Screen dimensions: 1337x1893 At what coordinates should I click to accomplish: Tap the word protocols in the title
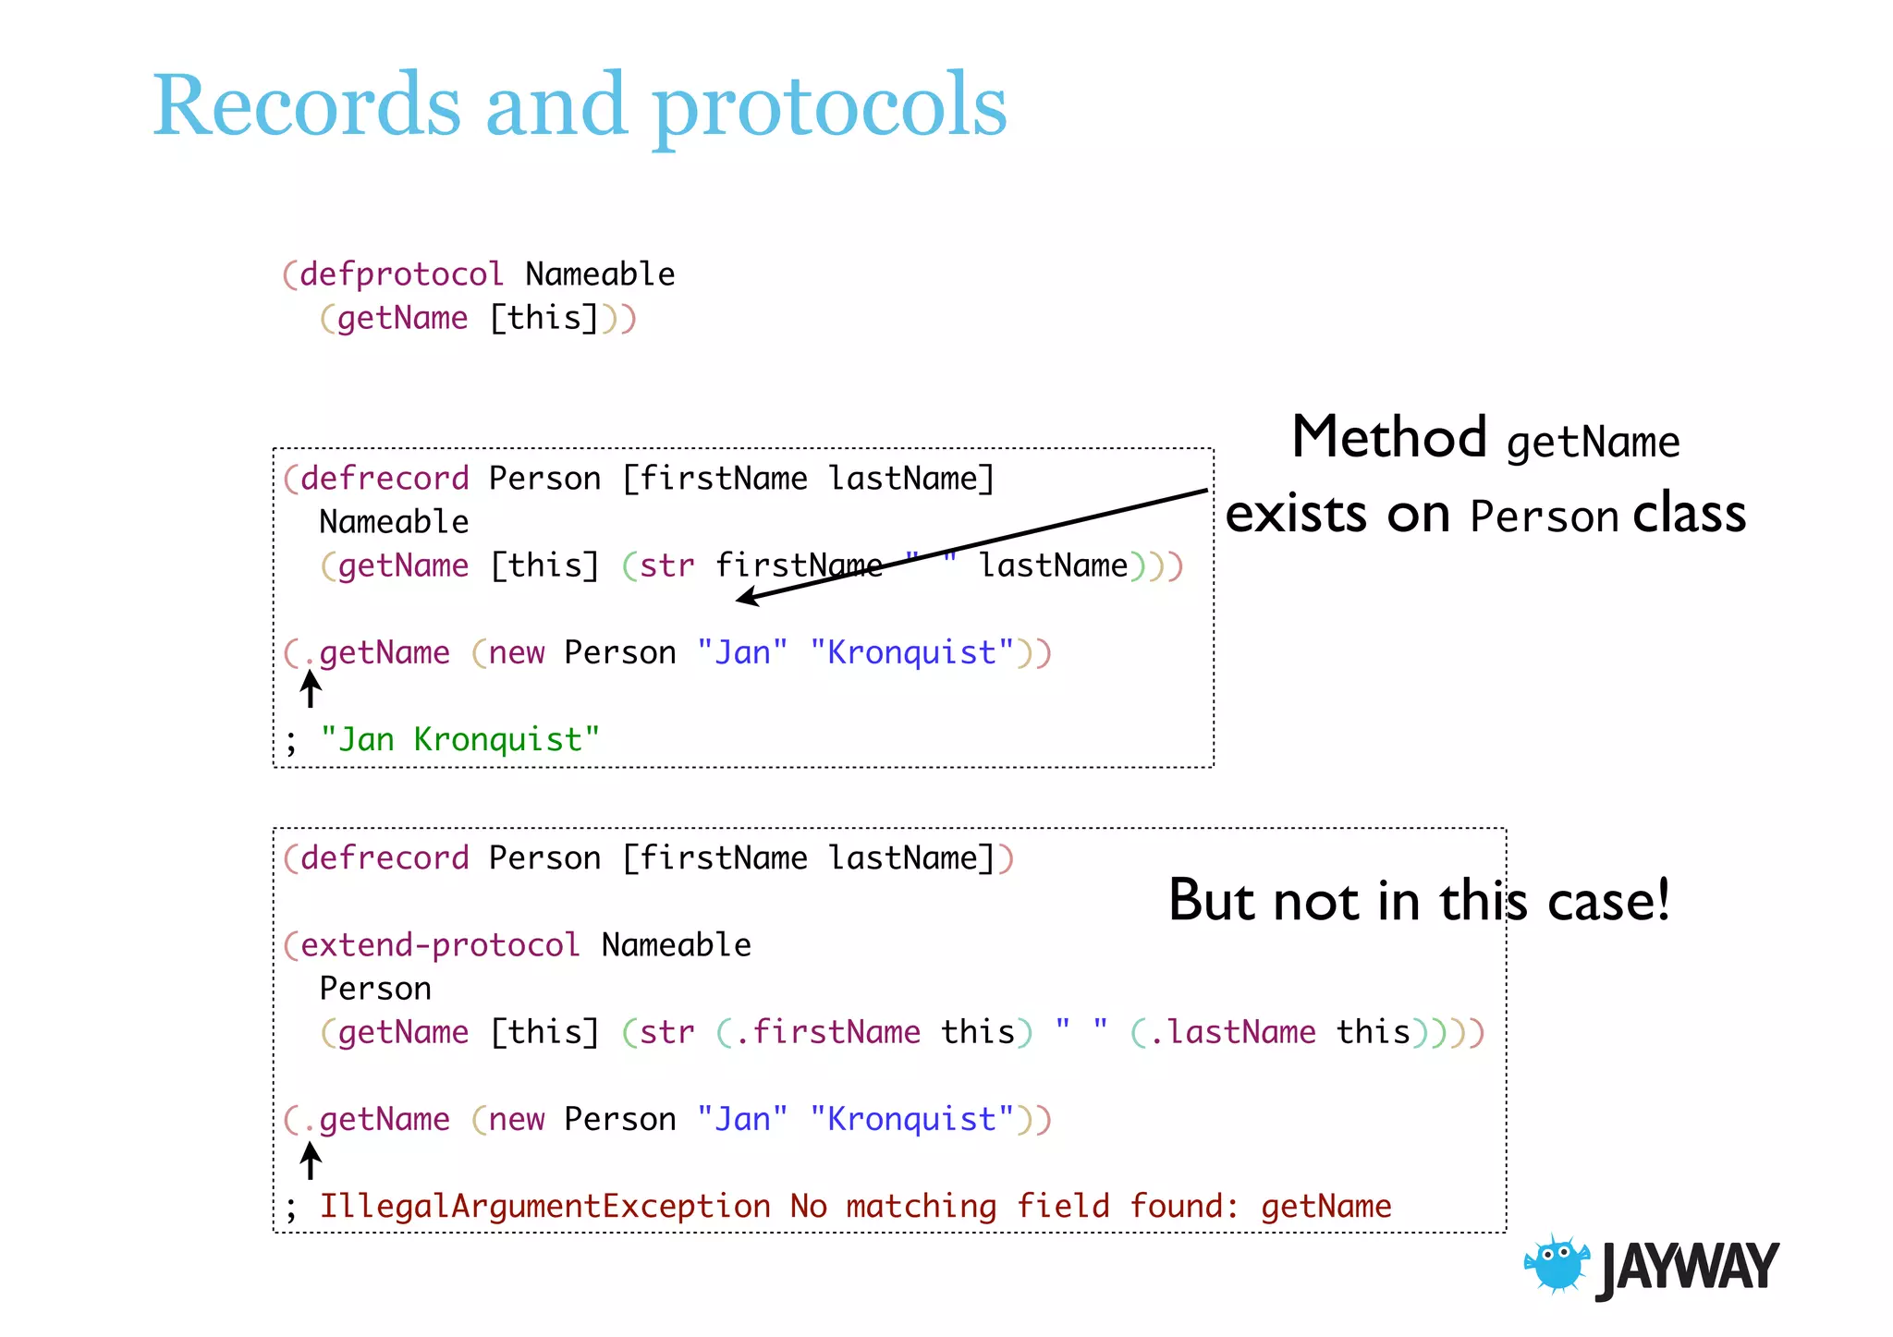click(x=829, y=108)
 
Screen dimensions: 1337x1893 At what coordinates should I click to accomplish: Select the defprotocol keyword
click(x=401, y=274)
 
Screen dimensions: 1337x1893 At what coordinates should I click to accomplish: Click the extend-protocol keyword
click(x=440, y=945)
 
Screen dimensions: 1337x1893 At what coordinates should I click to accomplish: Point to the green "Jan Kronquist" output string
click(x=459, y=740)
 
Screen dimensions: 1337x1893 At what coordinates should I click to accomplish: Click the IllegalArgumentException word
click(x=544, y=1207)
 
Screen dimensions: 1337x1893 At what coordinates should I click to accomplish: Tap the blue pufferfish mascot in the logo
click(x=1557, y=1264)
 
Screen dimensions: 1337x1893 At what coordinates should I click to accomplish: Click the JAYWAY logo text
click(x=1688, y=1268)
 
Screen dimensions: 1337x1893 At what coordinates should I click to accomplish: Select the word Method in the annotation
click(x=1388, y=437)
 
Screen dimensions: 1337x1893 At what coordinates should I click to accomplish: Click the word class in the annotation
click(x=1689, y=514)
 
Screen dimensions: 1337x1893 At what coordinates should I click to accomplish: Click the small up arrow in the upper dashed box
click(x=311, y=688)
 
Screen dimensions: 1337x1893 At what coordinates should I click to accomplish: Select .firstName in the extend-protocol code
click(x=827, y=1032)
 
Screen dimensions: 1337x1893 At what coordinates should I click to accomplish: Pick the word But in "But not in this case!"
click(x=1213, y=900)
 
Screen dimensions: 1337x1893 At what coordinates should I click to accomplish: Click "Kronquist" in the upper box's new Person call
click(x=911, y=653)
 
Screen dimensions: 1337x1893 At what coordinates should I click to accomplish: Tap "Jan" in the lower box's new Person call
click(x=742, y=1120)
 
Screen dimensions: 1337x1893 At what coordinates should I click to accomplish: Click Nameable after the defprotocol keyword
click(x=600, y=274)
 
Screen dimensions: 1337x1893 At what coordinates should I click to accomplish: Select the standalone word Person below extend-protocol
click(x=375, y=989)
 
